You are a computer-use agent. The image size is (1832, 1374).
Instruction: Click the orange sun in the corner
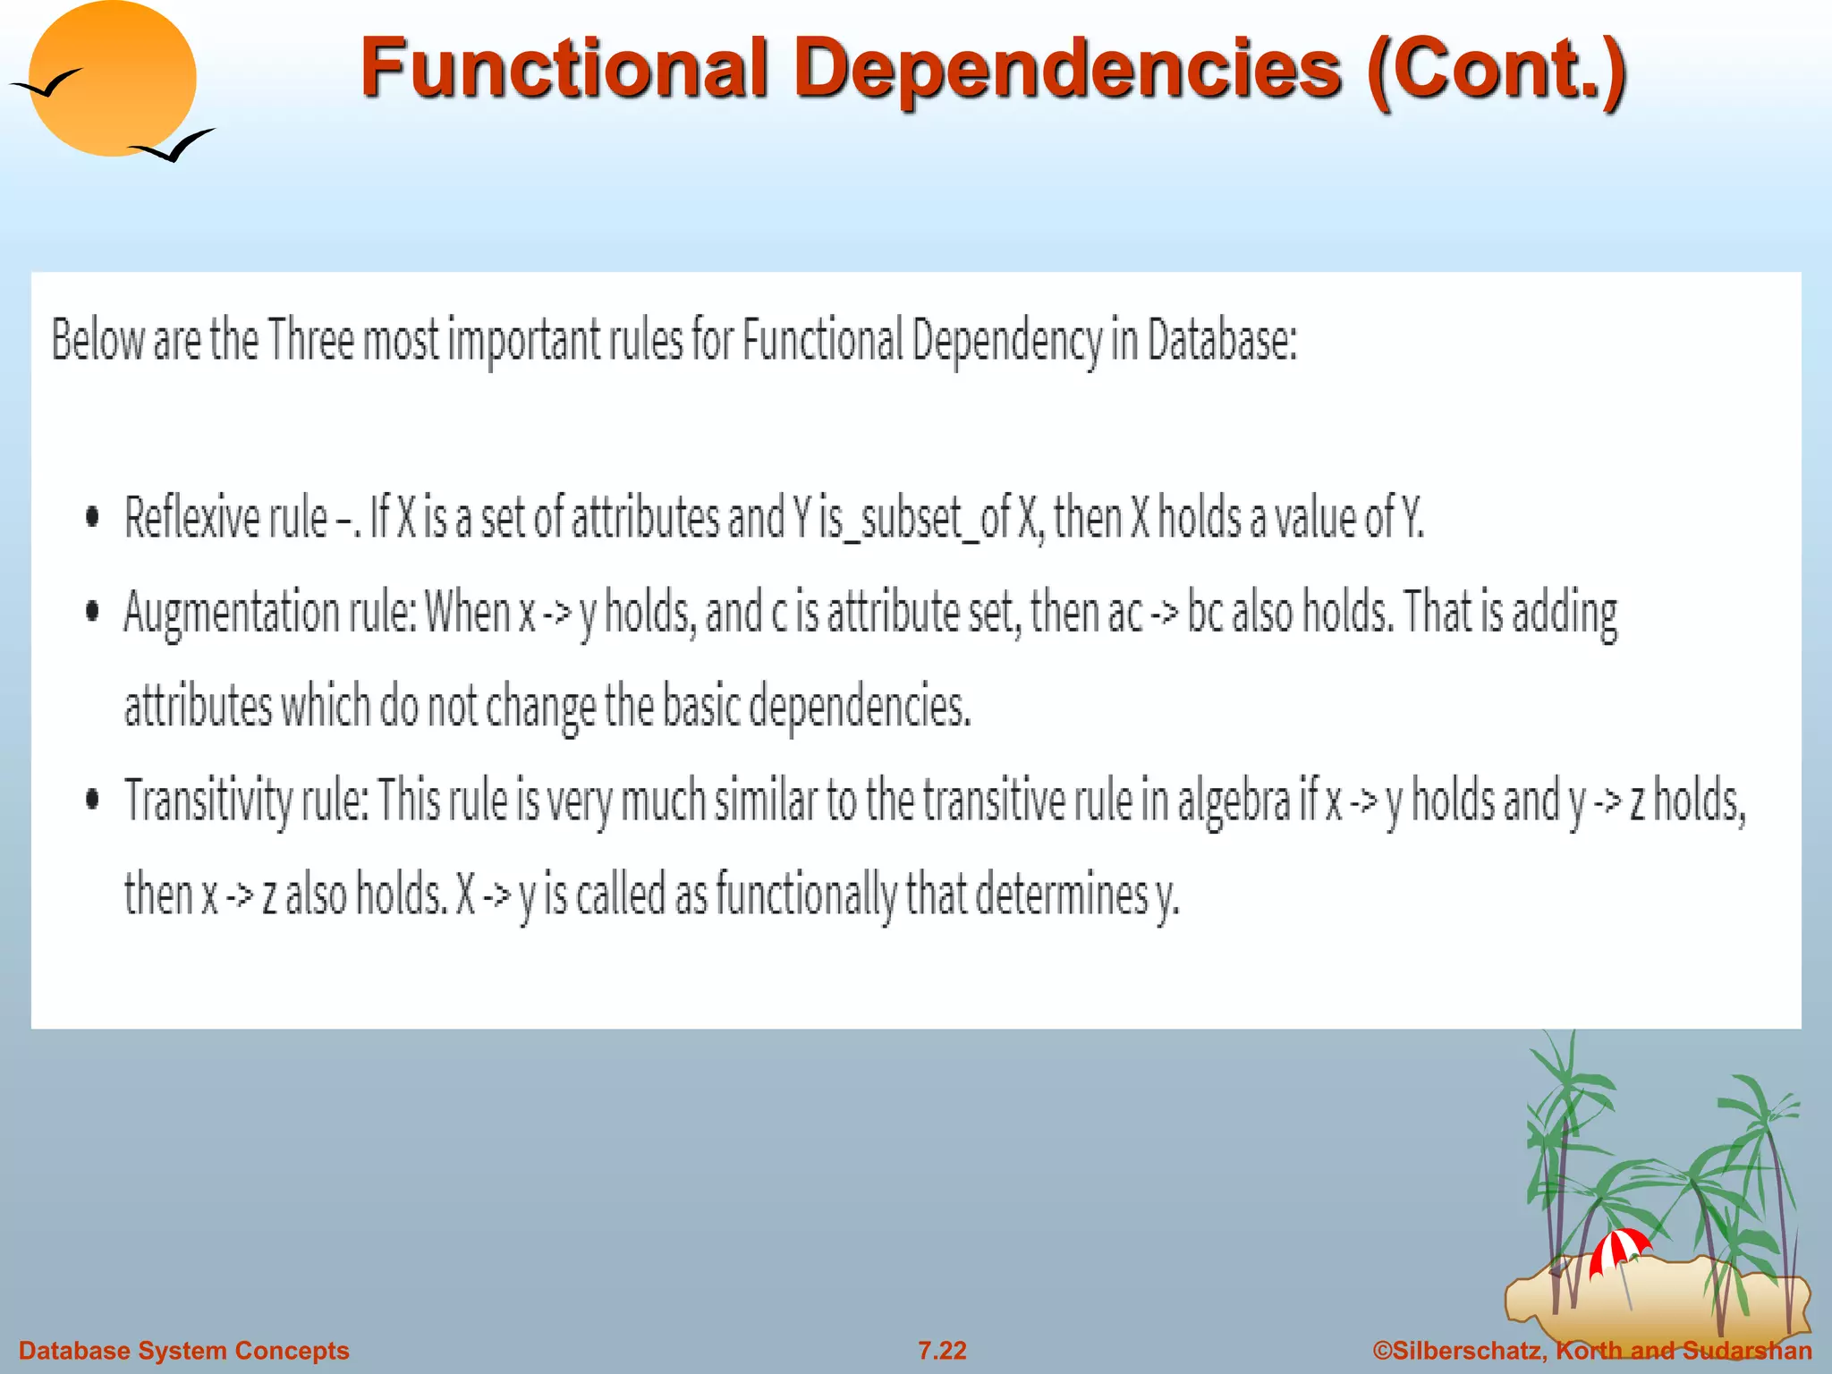[112, 79]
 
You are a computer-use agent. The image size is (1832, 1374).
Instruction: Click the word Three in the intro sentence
[310, 340]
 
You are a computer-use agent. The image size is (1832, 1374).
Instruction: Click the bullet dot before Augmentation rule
[92, 612]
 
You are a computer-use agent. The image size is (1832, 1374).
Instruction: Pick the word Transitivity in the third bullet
[208, 801]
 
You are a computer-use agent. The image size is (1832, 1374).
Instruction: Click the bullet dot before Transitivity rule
[92, 799]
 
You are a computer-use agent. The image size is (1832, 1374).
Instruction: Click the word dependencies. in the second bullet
[859, 707]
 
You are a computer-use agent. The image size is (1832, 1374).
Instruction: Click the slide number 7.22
[942, 1351]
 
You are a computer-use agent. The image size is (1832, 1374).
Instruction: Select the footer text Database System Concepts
[183, 1351]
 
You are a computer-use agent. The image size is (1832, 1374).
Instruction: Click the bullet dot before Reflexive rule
[92, 517]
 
